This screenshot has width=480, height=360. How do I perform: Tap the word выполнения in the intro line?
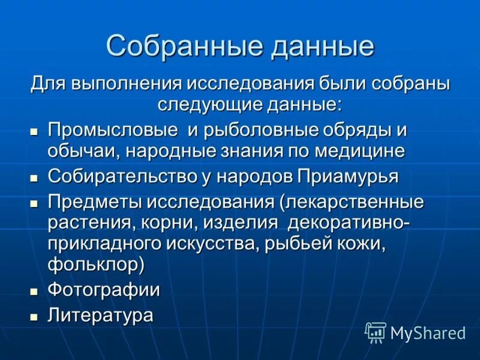[x=128, y=83]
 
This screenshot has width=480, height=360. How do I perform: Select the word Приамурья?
[x=347, y=176]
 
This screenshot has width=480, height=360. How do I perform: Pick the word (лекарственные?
[x=351, y=202]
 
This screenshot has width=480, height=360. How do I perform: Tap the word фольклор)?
[x=97, y=265]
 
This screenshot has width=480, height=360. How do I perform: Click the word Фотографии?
[x=104, y=290]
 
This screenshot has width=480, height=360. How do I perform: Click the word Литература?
[x=101, y=315]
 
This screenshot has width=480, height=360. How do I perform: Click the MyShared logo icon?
[x=376, y=331]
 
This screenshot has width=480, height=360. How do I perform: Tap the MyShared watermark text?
[x=428, y=332]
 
